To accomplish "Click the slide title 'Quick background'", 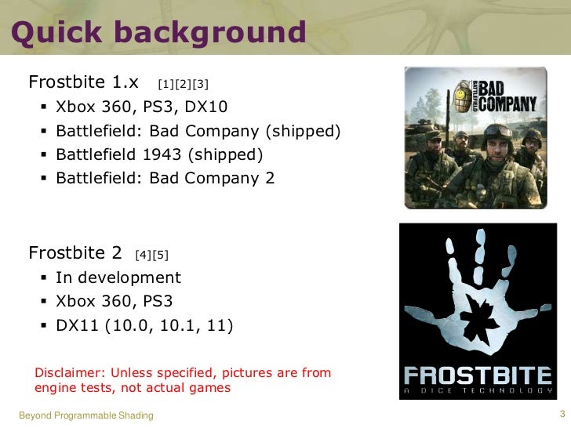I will tap(158, 33).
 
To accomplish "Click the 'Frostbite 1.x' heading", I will tap(84, 82).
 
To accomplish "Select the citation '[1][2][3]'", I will tap(183, 83).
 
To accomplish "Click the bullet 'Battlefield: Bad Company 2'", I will tap(165, 178).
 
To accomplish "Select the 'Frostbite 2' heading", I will tap(75, 253).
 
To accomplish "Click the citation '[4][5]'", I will tap(151, 254).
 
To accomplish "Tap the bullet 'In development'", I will tap(118, 277).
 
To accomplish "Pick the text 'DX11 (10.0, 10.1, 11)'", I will tap(144, 325).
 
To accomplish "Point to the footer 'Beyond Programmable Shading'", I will tap(85, 415).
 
